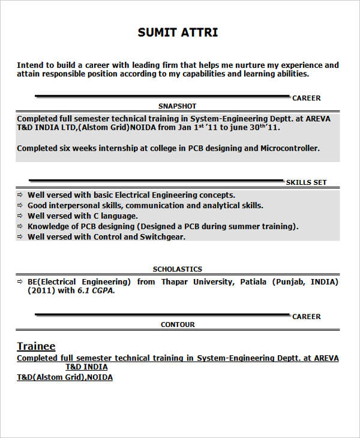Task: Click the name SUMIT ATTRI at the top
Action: click(178, 32)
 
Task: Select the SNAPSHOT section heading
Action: click(177, 106)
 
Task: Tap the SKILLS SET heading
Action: click(306, 182)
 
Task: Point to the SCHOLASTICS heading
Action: click(177, 269)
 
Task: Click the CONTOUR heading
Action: click(178, 325)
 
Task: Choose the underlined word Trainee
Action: click(36, 346)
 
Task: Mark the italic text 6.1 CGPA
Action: click(95, 290)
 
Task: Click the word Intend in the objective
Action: click(29, 65)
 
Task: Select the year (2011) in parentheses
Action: click(40, 290)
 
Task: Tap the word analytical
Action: click(216, 205)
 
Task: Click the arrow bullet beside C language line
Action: click(20, 216)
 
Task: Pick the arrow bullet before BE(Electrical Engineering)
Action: click(20, 281)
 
